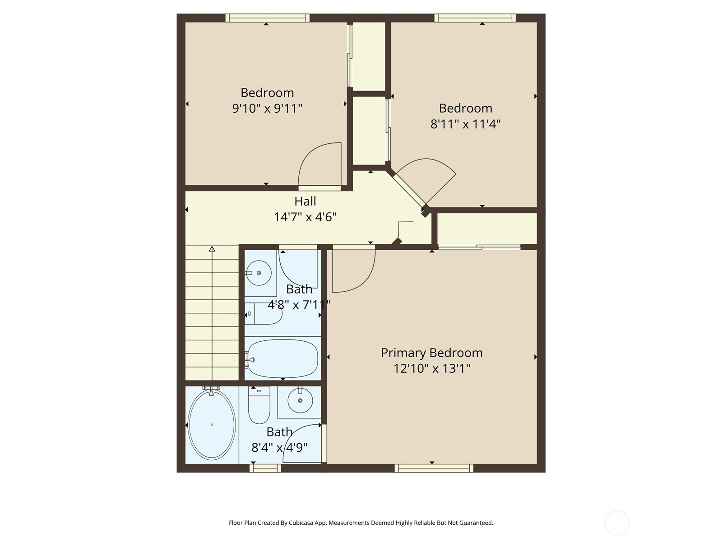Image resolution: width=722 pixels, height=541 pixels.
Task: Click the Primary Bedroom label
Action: (x=431, y=353)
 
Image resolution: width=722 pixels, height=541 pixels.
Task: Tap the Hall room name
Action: (x=305, y=202)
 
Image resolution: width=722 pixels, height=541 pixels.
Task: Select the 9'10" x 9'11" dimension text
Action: (x=267, y=108)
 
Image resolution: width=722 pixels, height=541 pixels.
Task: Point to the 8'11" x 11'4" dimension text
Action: (x=465, y=124)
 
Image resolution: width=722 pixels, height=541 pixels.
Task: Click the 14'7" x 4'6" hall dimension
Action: (x=305, y=217)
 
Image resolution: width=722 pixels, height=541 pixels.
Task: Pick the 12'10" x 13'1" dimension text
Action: (x=432, y=368)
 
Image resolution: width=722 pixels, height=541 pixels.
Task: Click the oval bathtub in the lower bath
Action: (x=212, y=424)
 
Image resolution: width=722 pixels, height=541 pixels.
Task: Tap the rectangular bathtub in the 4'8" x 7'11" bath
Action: (x=282, y=359)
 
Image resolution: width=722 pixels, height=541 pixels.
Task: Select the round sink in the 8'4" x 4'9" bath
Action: (x=300, y=400)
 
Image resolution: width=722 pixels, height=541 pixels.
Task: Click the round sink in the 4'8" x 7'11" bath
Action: (x=259, y=273)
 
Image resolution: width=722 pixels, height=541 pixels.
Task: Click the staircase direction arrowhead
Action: (x=212, y=249)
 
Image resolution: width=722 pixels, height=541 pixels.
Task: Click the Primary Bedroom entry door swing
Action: (x=354, y=271)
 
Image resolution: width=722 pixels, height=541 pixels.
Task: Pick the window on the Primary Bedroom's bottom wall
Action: (x=434, y=468)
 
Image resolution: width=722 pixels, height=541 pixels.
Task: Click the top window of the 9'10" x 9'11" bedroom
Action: (x=267, y=18)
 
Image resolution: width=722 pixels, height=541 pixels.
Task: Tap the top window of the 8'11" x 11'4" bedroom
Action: (x=475, y=18)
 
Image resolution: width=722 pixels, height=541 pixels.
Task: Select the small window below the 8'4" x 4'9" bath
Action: (x=265, y=468)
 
